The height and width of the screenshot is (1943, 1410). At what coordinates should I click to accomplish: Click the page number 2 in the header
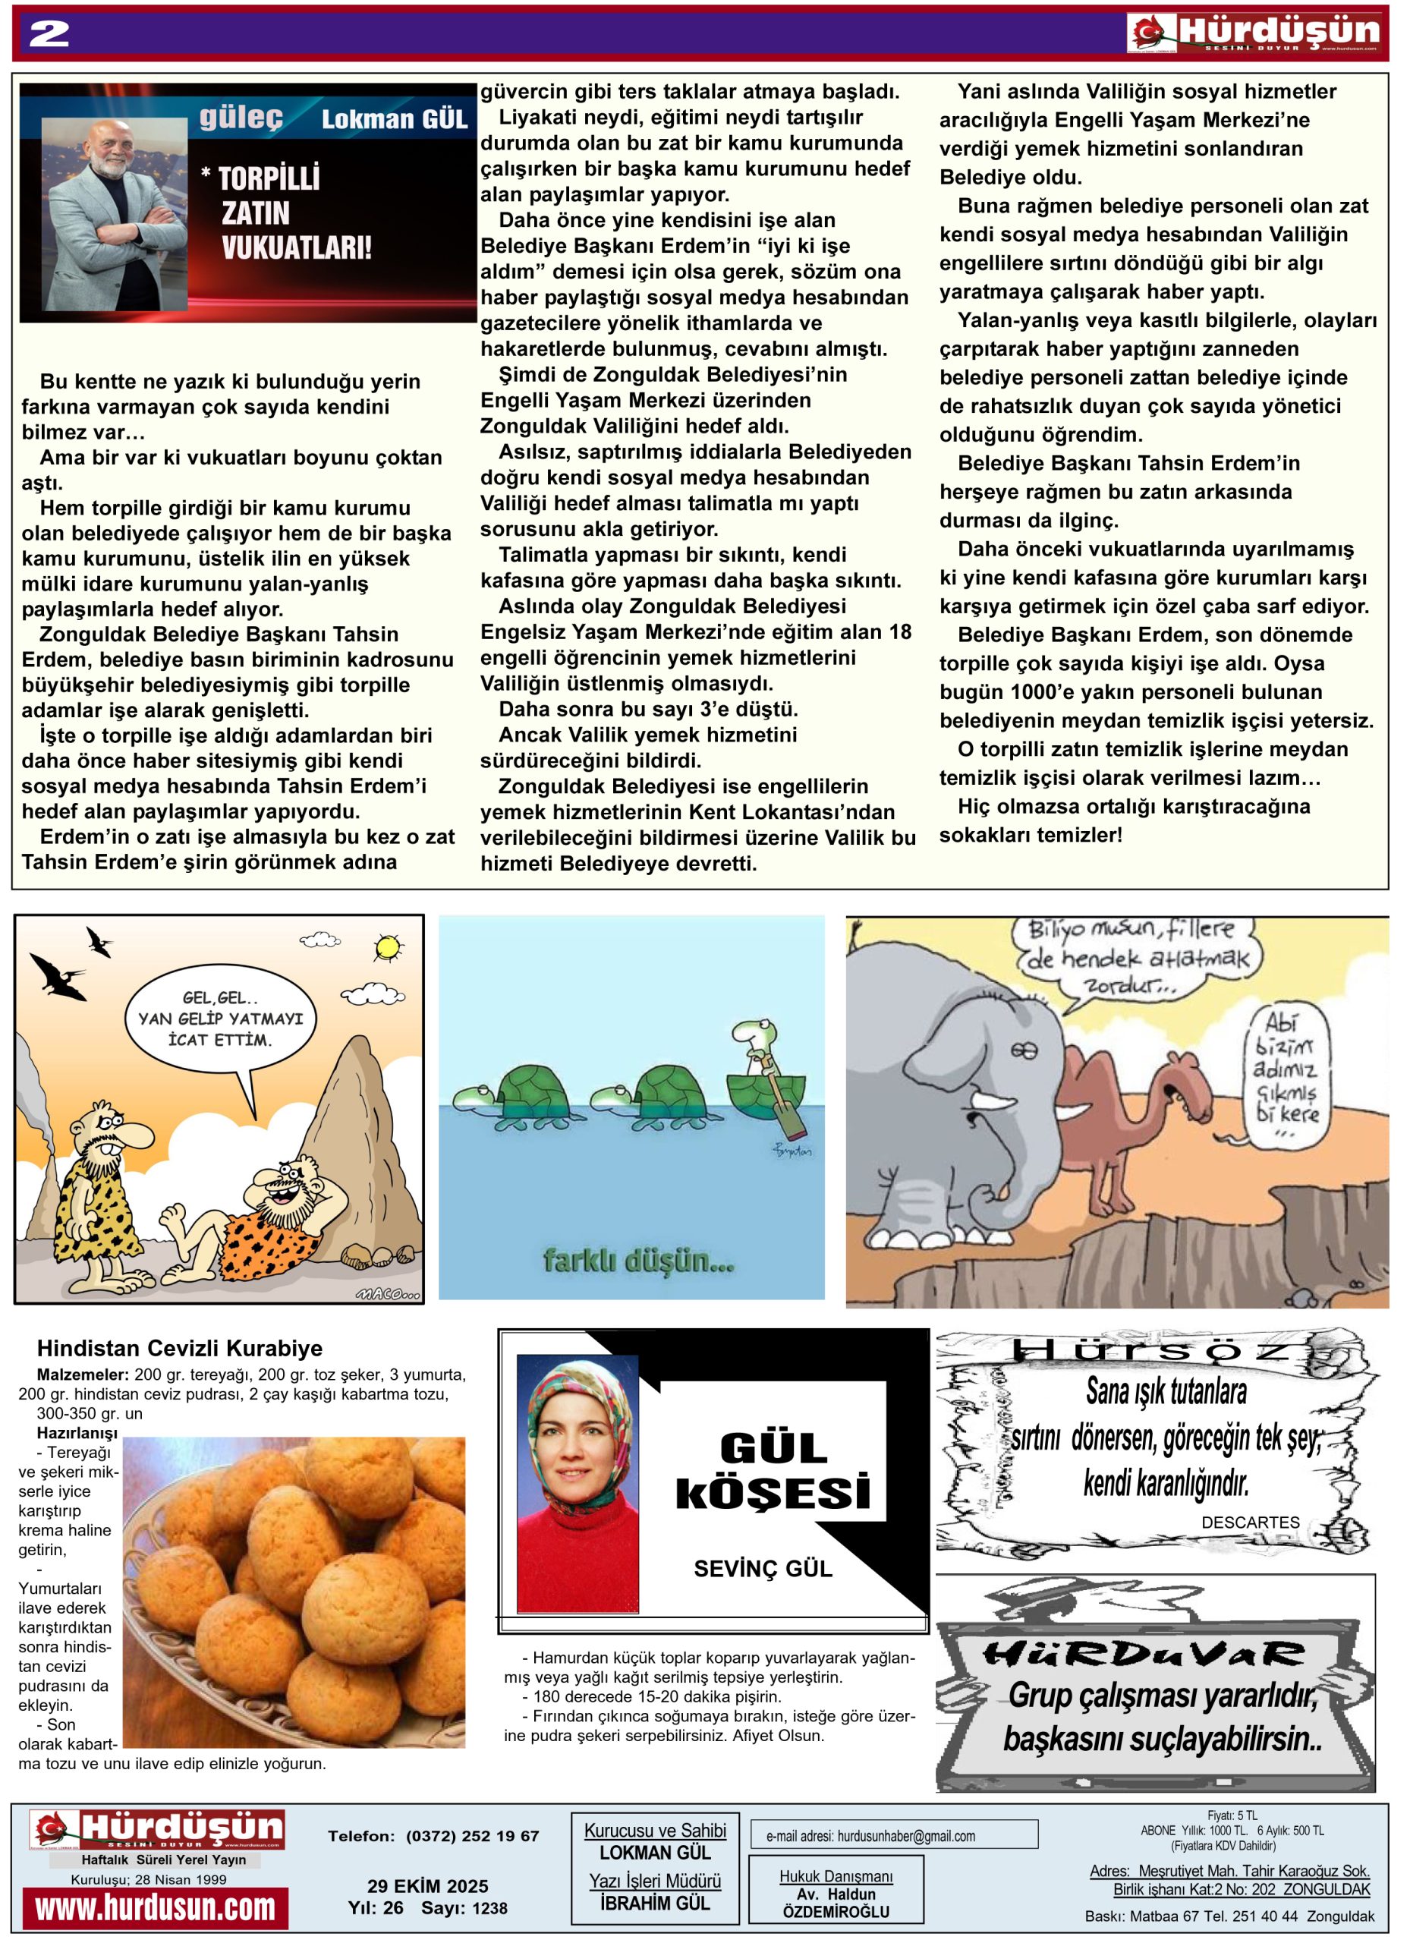point(49,34)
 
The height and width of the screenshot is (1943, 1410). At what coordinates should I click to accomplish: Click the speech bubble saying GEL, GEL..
point(220,1019)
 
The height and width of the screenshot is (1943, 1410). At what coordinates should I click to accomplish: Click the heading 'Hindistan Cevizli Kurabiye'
point(180,1349)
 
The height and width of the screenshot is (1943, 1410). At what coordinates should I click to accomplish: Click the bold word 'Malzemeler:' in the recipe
point(83,1375)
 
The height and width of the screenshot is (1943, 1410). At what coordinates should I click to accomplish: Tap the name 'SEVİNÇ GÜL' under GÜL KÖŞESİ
point(763,1568)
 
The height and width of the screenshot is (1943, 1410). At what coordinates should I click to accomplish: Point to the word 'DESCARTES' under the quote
point(1250,1522)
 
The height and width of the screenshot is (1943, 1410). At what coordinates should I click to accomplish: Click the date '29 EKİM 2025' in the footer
point(427,1885)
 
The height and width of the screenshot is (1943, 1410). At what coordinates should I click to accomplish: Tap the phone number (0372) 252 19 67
point(472,1836)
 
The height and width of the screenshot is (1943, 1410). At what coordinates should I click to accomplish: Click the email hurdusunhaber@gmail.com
point(905,1836)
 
